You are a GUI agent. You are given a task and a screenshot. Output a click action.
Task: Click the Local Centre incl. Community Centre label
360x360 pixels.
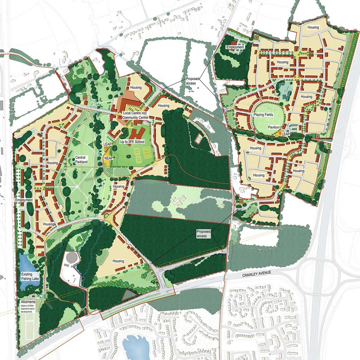[x=135, y=115]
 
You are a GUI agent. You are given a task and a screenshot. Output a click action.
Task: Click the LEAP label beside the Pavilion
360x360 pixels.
[x=286, y=134]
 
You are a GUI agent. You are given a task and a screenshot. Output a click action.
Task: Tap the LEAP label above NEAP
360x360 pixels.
[x=107, y=145]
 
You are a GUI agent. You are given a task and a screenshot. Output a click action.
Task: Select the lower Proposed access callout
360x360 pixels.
[x=204, y=234]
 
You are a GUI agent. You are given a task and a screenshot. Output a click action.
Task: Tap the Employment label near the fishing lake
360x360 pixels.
[x=25, y=200]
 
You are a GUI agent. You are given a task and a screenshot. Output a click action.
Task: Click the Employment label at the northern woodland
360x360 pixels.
[x=235, y=47]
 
